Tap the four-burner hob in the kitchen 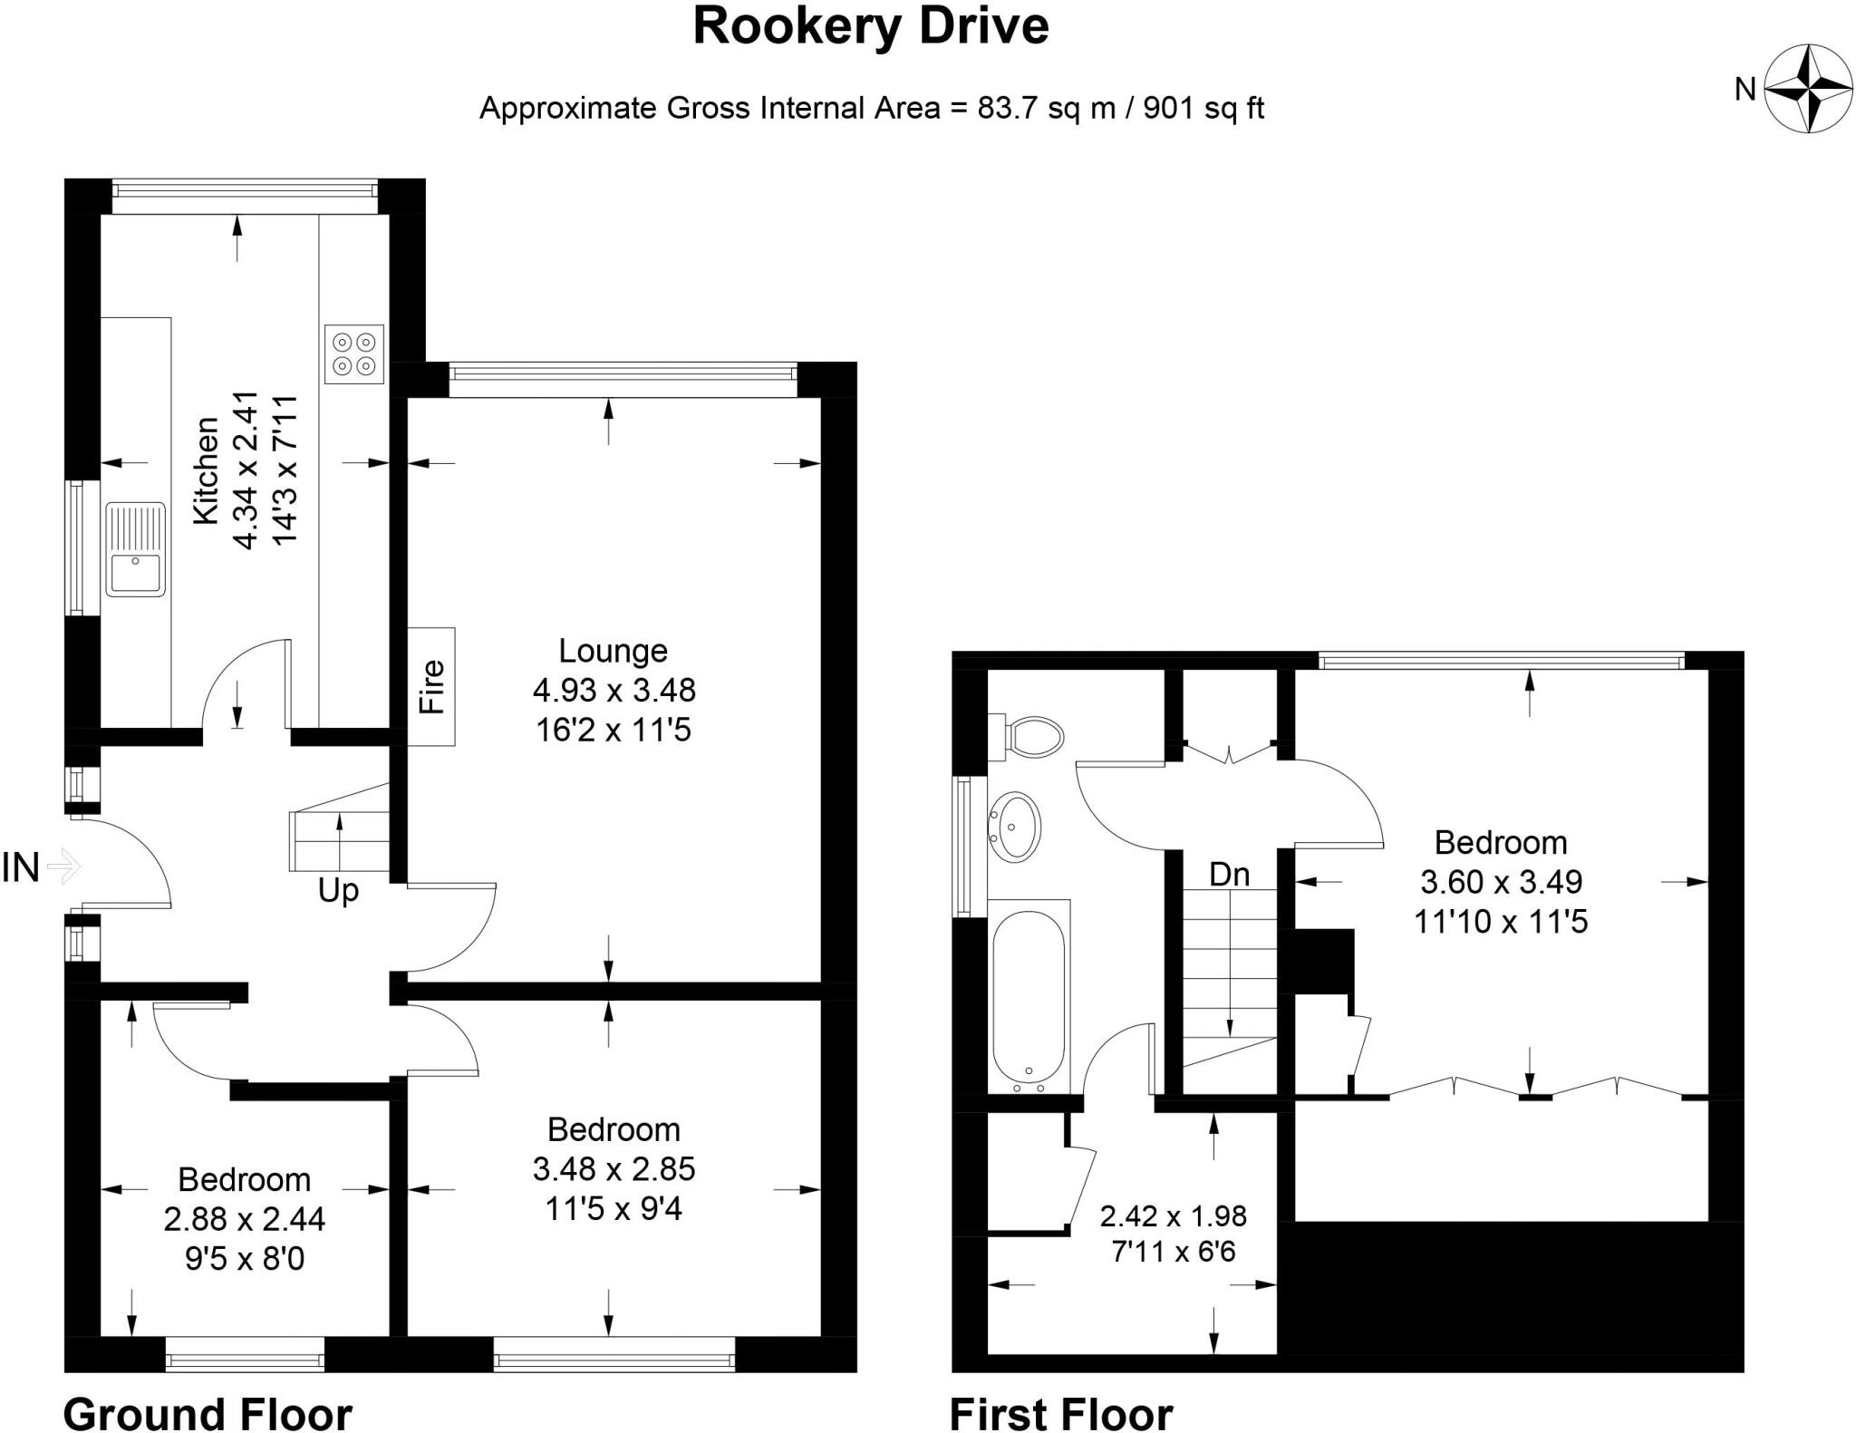[353, 354]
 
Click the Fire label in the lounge [432, 686]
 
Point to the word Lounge [613, 651]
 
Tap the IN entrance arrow [63, 867]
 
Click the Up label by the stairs [338, 891]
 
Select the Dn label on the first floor [1230, 875]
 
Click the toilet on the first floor [1033, 737]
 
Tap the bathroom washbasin [1016, 826]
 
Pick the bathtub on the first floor [1029, 997]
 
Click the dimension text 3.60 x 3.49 [1501, 882]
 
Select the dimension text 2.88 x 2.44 [245, 1219]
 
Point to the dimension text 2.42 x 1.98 [1174, 1215]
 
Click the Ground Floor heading [208, 1413]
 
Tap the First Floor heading [1061, 1413]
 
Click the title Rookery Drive [870, 26]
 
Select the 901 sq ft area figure [1203, 109]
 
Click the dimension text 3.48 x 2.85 [614, 1169]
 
